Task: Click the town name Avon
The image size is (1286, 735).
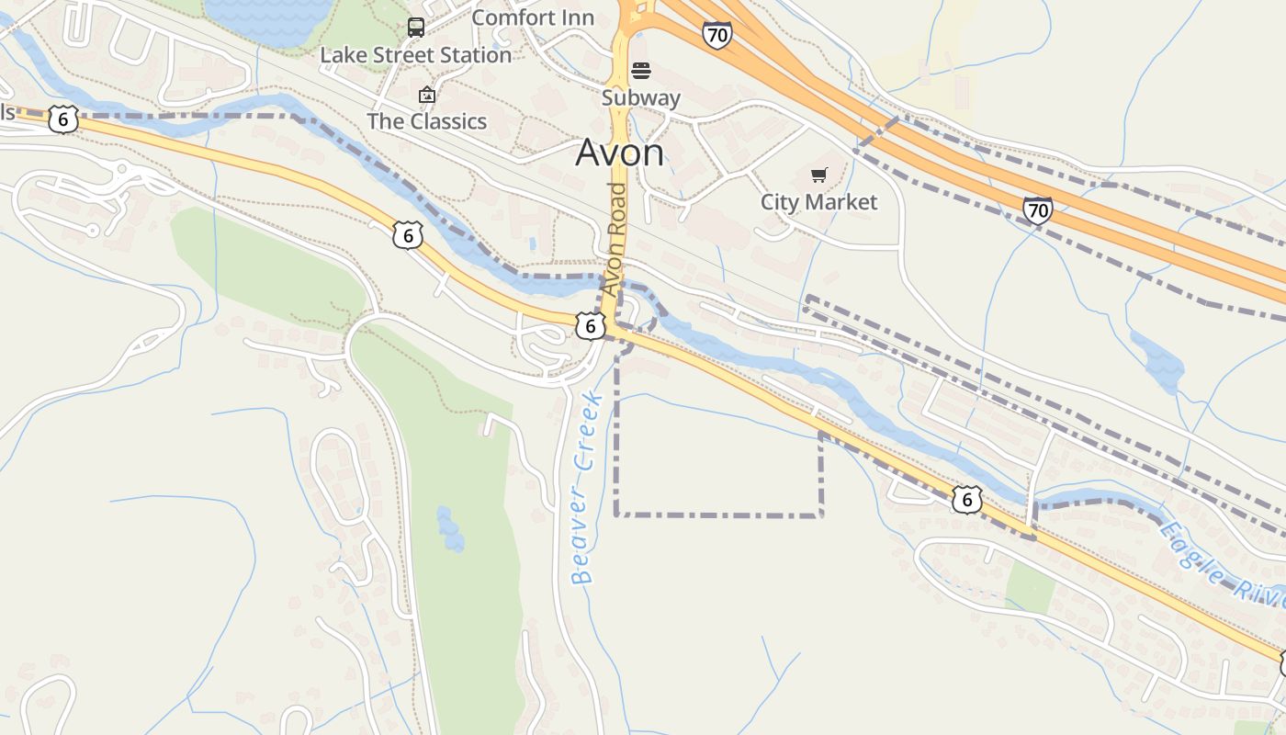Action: point(619,153)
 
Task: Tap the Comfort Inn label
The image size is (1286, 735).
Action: point(533,17)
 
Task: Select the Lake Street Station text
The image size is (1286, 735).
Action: point(415,55)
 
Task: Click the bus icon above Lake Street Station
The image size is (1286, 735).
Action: point(416,27)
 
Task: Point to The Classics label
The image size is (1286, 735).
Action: point(426,121)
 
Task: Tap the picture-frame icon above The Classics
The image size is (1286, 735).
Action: point(426,95)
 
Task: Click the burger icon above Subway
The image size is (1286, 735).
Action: point(641,71)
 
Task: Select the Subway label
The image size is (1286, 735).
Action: point(641,97)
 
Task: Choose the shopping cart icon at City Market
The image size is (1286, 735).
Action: point(818,175)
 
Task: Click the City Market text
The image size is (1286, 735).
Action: point(818,201)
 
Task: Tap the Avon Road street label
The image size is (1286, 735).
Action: point(615,239)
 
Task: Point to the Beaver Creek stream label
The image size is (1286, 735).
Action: point(585,487)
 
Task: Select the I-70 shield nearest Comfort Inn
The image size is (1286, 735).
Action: point(717,35)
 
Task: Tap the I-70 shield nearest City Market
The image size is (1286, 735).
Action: point(1037,210)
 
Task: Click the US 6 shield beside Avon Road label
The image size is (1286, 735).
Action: point(591,325)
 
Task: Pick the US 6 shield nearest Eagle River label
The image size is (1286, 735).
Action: point(966,499)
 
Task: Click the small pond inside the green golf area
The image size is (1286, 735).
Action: point(449,528)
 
